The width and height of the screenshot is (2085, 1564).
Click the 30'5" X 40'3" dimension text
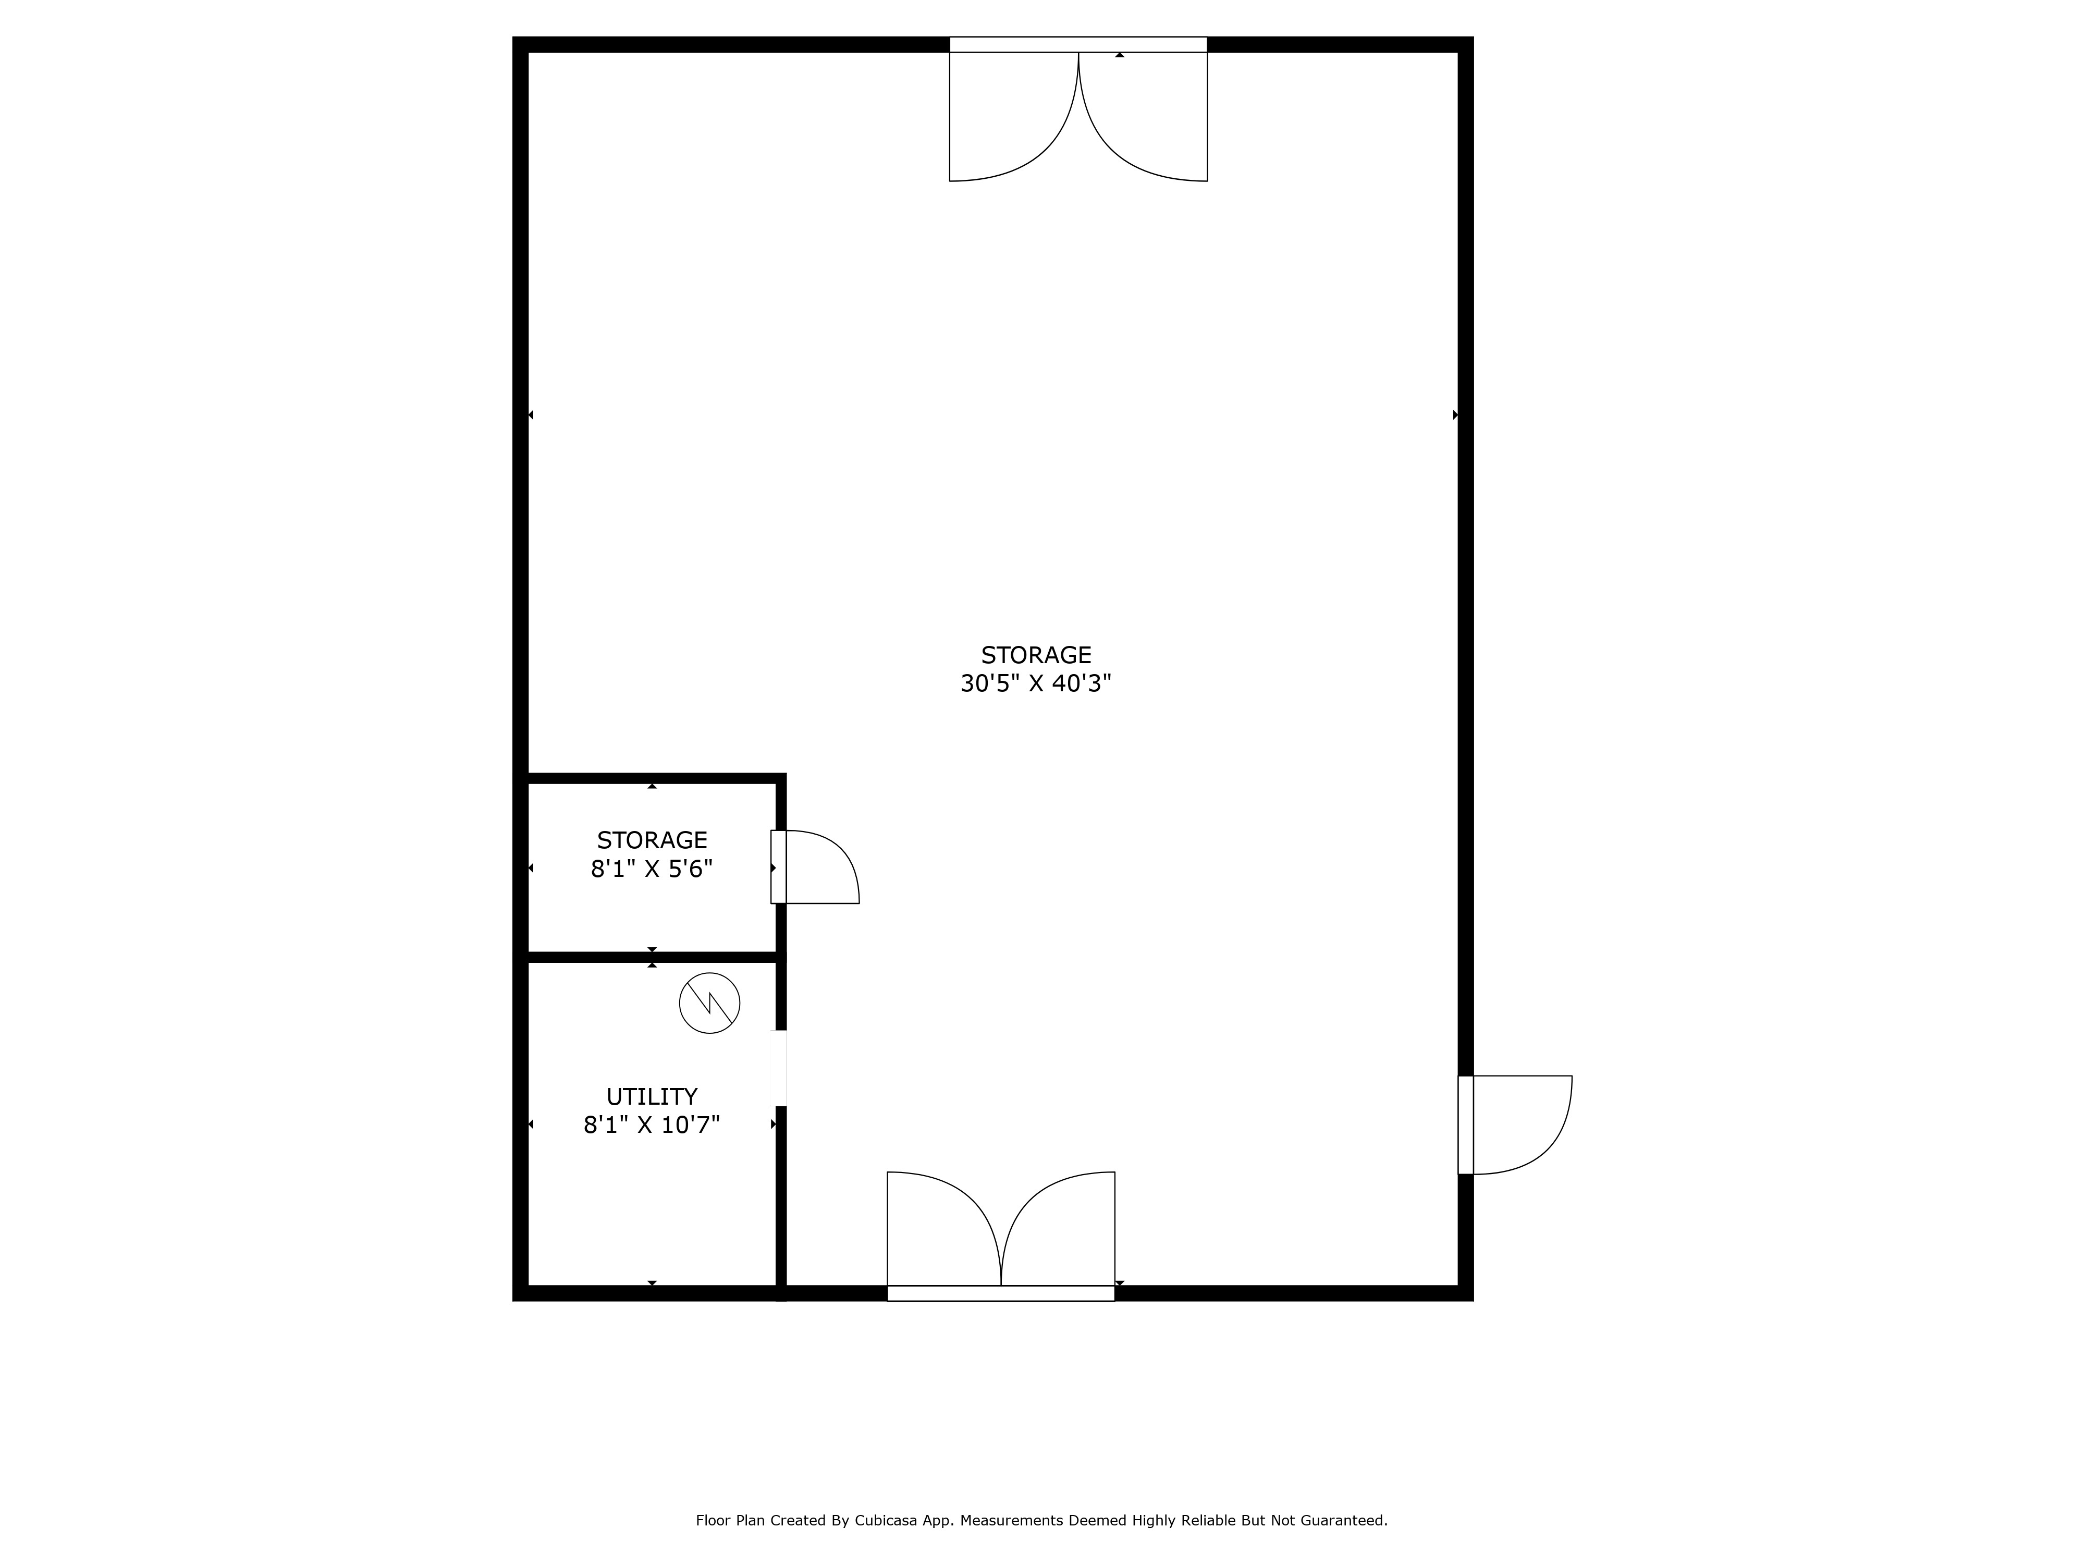pos(1036,683)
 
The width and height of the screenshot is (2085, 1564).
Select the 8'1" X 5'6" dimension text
pos(652,868)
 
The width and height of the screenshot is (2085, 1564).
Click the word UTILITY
pos(652,1096)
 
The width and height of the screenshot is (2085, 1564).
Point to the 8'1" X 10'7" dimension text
pos(652,1125)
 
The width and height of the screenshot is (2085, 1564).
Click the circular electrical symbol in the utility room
pos(709,1003)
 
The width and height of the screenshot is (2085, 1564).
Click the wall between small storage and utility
pos(652,957)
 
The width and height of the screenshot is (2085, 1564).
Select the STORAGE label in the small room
pos(652,840)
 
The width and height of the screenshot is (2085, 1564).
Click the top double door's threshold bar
pos(1077,44)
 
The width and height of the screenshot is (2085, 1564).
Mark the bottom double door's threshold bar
pos(1000,1293)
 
